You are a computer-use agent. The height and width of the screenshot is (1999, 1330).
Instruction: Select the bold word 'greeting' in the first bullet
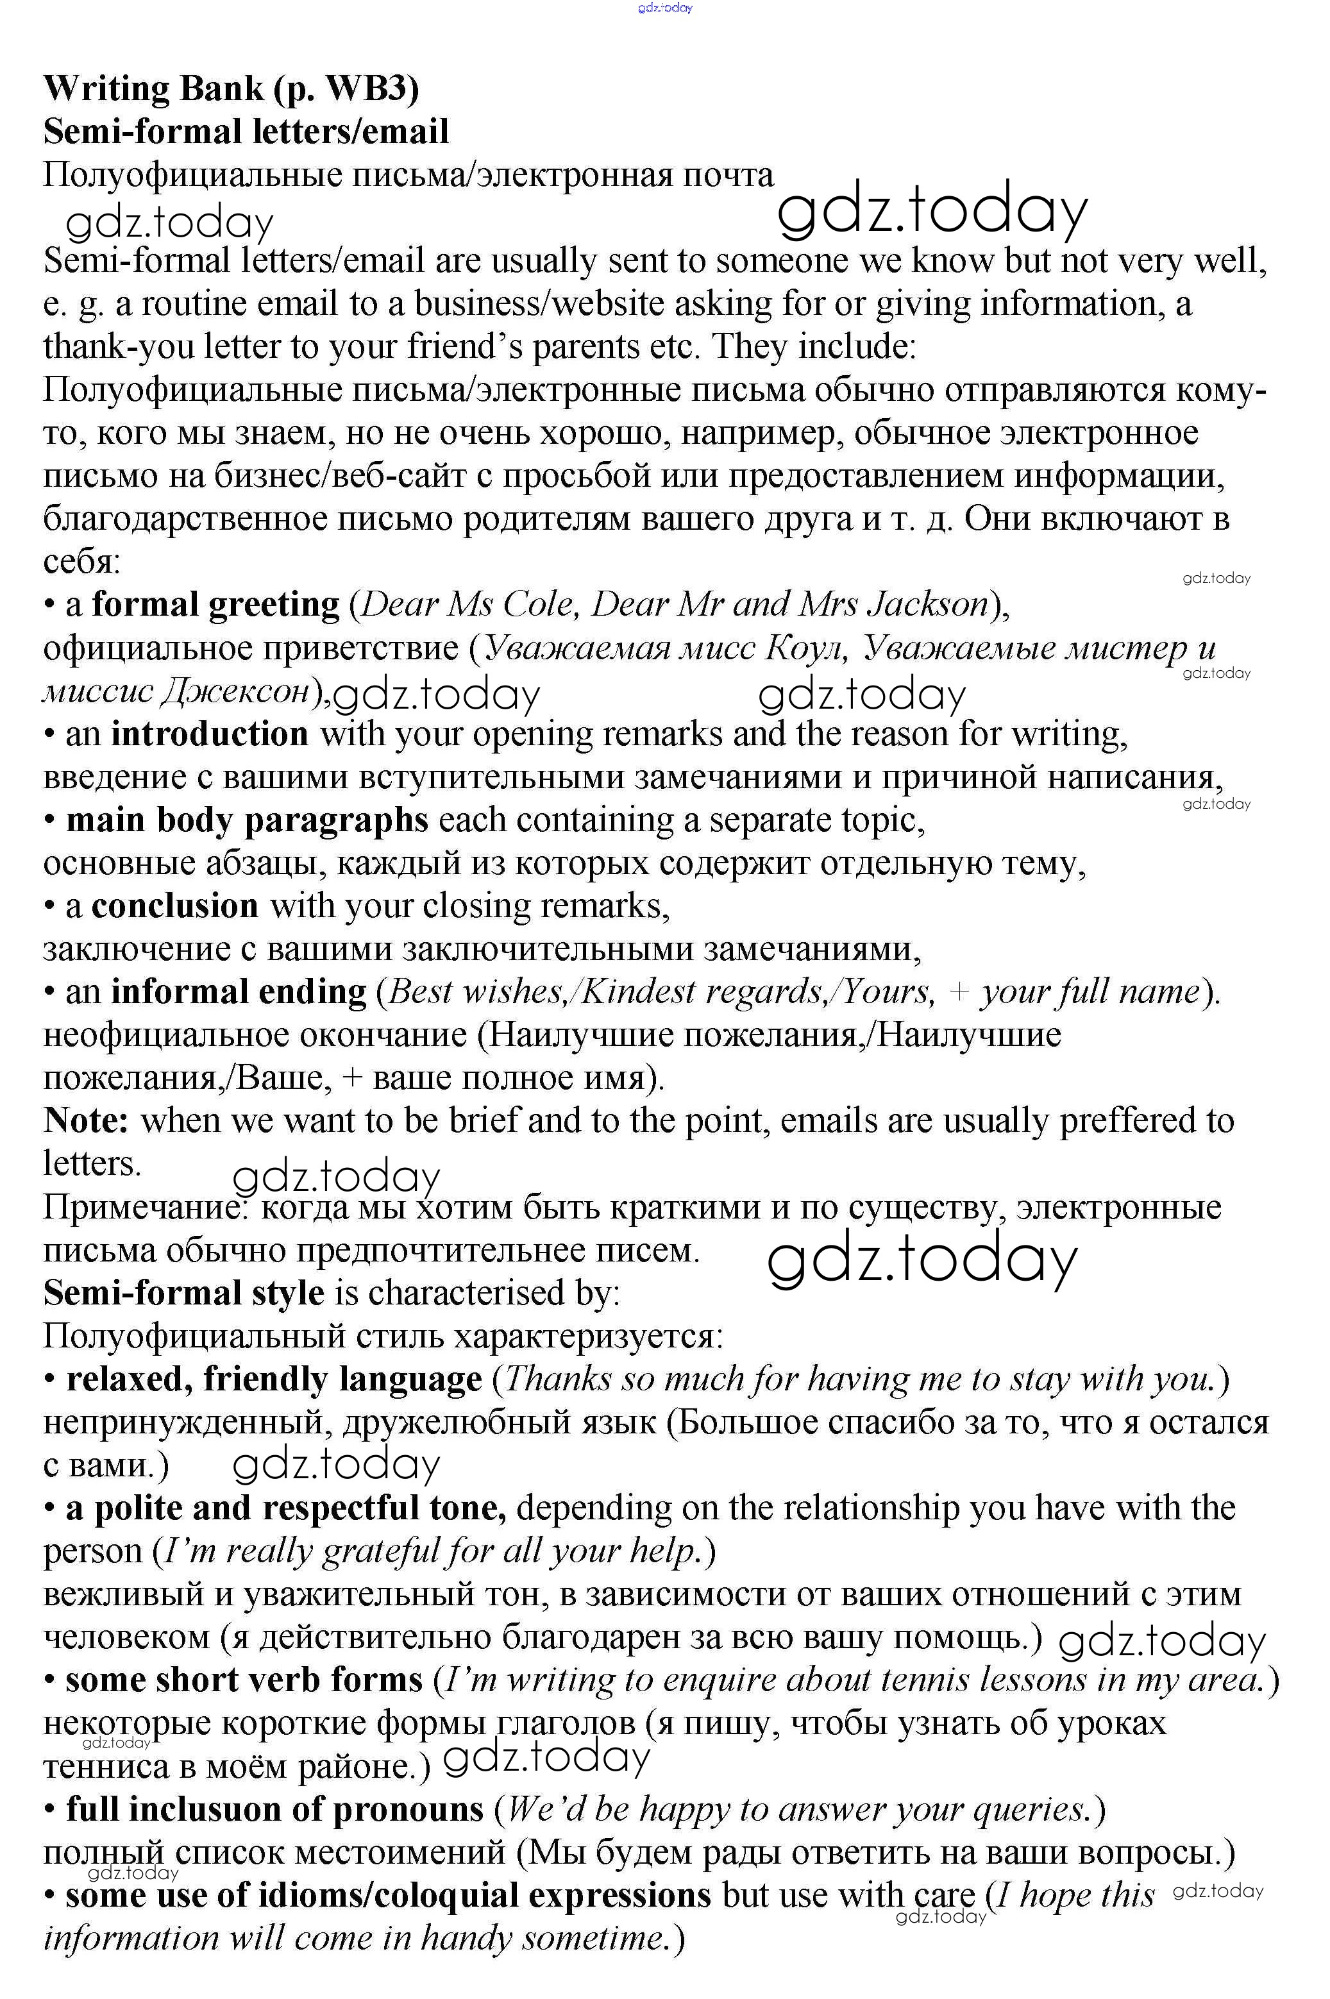click(274, 605)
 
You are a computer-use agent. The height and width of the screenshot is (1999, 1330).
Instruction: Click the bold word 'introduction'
click(210, 734)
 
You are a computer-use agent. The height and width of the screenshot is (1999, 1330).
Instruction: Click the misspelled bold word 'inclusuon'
click(199, 1810)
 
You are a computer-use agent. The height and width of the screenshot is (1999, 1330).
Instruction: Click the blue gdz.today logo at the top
click(665, 8)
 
